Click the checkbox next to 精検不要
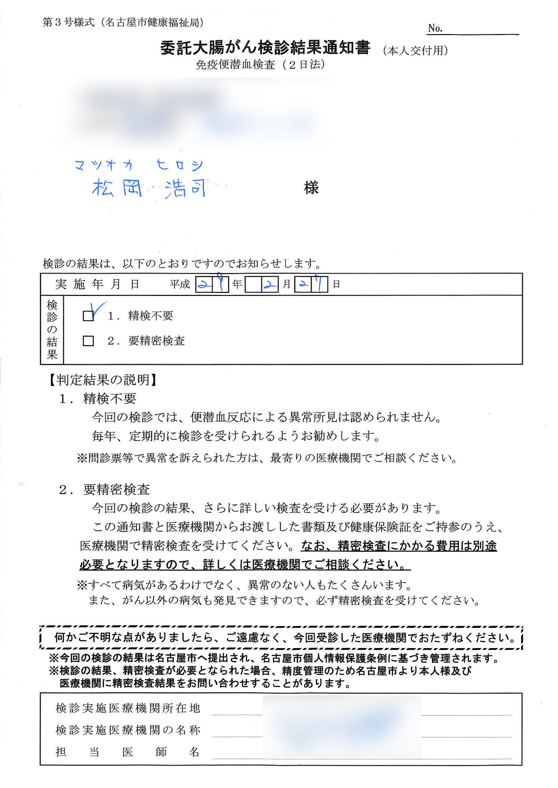[88, 316]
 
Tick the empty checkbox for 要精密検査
[88, 341]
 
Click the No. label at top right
[435, 28]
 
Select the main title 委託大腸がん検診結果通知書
[265, 48]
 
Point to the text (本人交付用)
[415, 51]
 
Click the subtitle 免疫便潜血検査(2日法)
[260, 65]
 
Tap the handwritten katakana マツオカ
[104, 166]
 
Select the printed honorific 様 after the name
[311, 188]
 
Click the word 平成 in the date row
[180, 285]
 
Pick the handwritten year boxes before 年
[212, 285]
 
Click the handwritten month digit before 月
[270, 285]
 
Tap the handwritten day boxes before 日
[311, 285]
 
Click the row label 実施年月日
[97, 285]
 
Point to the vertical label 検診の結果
[52, 330]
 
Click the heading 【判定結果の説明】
[103, 380]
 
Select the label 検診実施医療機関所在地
[128, 708]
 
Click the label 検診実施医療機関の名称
[128, 730]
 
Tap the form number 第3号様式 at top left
[68, 22]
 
